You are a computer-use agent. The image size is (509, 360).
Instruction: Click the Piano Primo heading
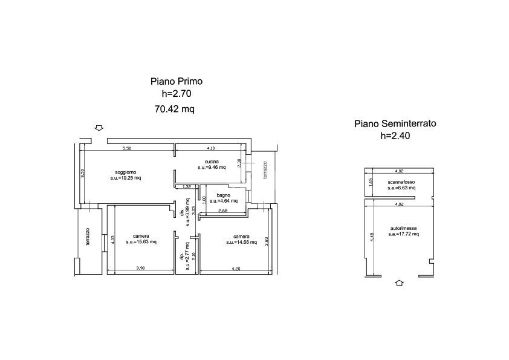pos(176,81)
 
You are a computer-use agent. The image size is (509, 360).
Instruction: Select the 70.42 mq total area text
pos(175,110)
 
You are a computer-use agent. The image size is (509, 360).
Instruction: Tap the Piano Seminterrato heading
pos(395,123)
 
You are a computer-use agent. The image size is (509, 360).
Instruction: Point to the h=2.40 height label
pos(395,136)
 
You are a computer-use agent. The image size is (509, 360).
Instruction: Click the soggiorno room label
pos(125,172)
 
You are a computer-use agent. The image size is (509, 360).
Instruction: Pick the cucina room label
pos(211,161)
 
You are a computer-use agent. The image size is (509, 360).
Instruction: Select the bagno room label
pos(223,195)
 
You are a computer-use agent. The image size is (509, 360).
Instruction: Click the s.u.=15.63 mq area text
pos(141,242)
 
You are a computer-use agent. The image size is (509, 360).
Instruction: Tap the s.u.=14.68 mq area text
pos(241,242)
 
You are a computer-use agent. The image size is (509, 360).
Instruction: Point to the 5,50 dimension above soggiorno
pos(127,148)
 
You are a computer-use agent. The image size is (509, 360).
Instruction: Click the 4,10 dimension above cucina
pos(210,148)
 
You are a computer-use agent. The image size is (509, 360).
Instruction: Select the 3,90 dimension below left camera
pos(140,268)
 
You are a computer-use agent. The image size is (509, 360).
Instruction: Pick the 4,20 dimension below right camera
pos(238,268)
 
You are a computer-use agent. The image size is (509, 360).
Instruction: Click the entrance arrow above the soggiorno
pos(99,128)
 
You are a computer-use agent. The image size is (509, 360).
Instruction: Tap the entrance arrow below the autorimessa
pos(399,283)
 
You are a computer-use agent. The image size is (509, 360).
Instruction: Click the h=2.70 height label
pos(176,94)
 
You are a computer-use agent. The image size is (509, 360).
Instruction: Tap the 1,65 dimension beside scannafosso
pos(371,182)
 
